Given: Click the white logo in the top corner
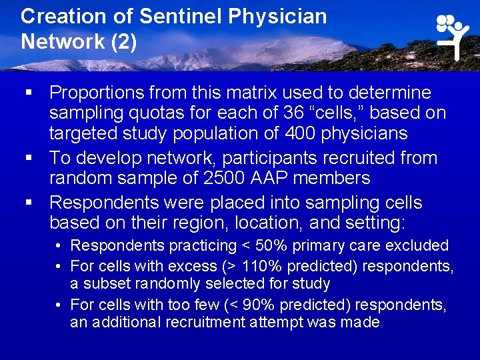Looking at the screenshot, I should [x=453, y=35].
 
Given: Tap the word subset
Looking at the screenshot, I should [x=103, y=284].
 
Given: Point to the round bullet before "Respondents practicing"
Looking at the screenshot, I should [x=59, y=246].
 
